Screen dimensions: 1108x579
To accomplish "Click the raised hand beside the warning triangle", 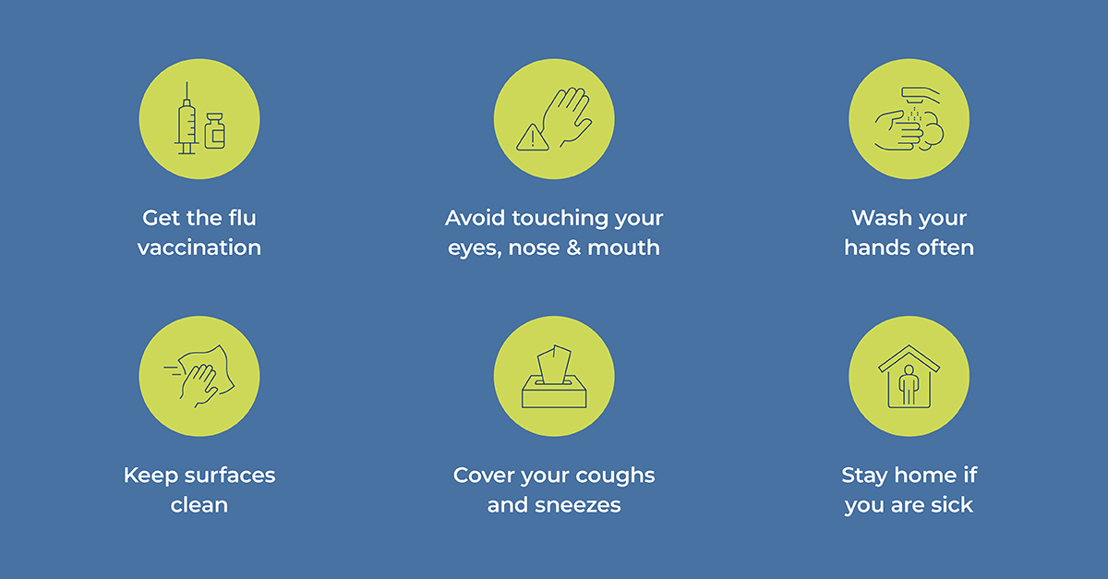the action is pyautogui.click(x=567, y=117).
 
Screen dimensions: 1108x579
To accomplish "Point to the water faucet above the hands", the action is pyautogui.click(x=921, y=94).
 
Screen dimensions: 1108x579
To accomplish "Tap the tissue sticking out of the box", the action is pyautogui.click(x=554, y=364).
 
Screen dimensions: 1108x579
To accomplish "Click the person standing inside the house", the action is pyautogui.click(x=909, y=384).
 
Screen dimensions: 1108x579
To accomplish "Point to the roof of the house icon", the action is pyautogui.click(x=909, y=358).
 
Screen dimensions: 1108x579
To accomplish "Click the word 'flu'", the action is pyautogui.click(x=242, y=218).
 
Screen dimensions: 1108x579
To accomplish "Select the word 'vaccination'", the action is pyautogui.click(x=199, y=247).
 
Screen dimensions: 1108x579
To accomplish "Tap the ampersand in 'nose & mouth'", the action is pyautogui.click(x=573, y=247).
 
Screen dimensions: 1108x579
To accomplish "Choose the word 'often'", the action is pyautogui.click(x=945, y=247).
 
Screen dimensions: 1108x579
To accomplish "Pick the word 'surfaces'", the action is pyautogui.click(x=230, y=475).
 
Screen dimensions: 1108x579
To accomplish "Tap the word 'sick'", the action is pyautogui.click(x=952, y=505).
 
